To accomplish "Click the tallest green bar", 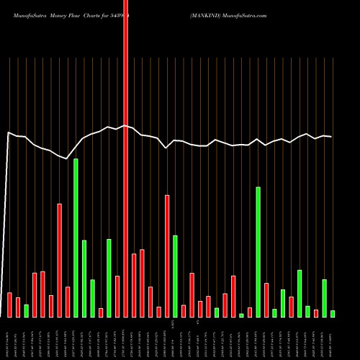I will coord(76,238).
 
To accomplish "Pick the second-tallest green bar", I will coord(258,252).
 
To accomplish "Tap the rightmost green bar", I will coord(333,314).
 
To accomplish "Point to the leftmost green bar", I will coord(26,311).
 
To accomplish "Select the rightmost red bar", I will coord(316,313).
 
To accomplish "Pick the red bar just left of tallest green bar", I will coord(68,302).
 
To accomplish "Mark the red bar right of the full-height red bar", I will coord(134,285).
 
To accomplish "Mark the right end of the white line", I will coord(331,137).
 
